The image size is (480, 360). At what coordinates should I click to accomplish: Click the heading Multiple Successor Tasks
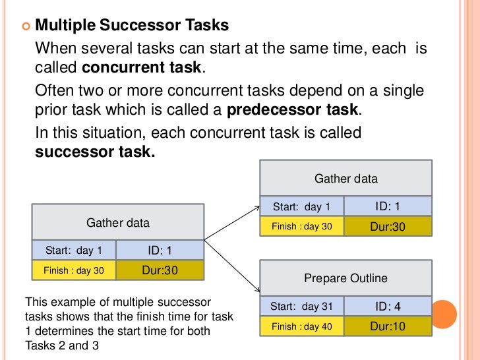tap(132, 26)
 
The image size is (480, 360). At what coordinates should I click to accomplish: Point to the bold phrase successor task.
tap(95, 152)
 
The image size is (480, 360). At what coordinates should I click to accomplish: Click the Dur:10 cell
tap(388, 326)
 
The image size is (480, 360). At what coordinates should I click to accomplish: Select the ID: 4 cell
tap(388, 306)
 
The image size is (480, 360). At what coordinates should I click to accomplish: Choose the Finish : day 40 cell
tap(302, 326)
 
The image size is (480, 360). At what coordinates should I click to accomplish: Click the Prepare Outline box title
tap(345, 278)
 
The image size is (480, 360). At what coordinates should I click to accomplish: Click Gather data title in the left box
tap(118, 223)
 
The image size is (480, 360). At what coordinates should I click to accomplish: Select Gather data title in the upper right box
tap(345, 179)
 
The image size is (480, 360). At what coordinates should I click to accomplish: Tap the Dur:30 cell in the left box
tap(160, 270)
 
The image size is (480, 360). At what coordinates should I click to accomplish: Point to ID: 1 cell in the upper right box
tap(388, 206)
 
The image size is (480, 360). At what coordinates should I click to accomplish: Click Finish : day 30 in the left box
tap(73, 270)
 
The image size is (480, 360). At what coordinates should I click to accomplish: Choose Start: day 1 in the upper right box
tap(302, 207)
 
